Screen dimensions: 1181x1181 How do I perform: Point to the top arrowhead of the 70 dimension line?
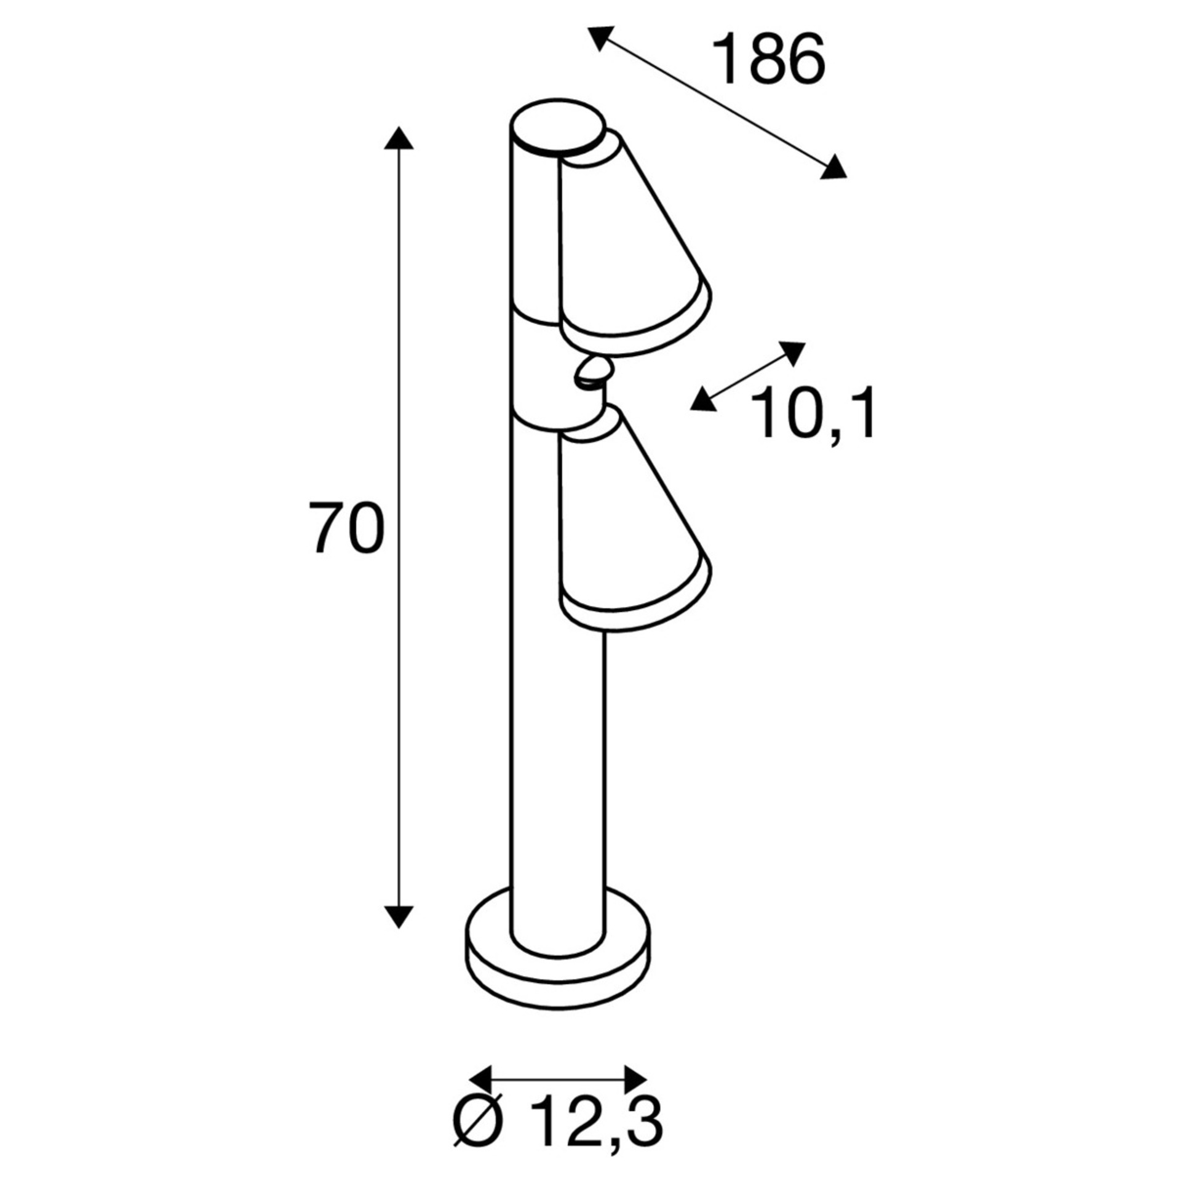399,139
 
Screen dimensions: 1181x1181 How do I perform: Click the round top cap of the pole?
557,128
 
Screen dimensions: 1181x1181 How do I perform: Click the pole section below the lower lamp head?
557,769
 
